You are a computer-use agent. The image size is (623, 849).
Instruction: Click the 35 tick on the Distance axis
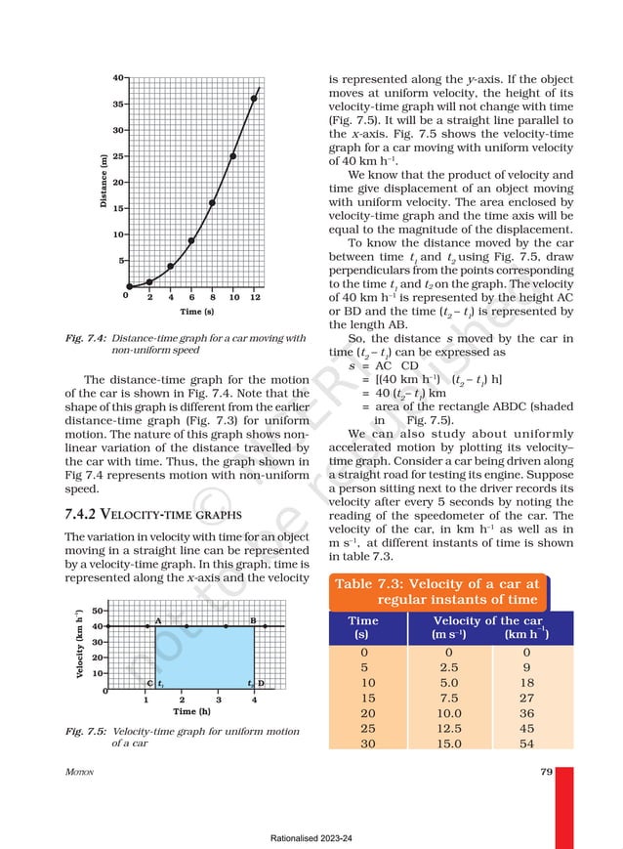click(116, 103)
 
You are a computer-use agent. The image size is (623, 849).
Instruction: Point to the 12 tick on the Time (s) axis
click(255, 296)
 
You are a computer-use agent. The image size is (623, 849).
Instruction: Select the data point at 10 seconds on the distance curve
click(233, 156)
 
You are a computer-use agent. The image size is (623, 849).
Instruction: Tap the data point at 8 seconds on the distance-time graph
click(212, 203)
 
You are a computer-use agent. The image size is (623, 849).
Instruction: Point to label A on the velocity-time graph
click(157, 620)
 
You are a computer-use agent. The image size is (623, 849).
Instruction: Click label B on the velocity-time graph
click(253, 620)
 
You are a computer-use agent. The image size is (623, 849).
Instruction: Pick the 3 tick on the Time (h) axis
click(218, 699)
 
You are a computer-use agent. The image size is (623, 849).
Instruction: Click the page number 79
click(546, 772)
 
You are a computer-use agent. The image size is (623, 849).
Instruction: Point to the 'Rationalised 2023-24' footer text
click(311, 837)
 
